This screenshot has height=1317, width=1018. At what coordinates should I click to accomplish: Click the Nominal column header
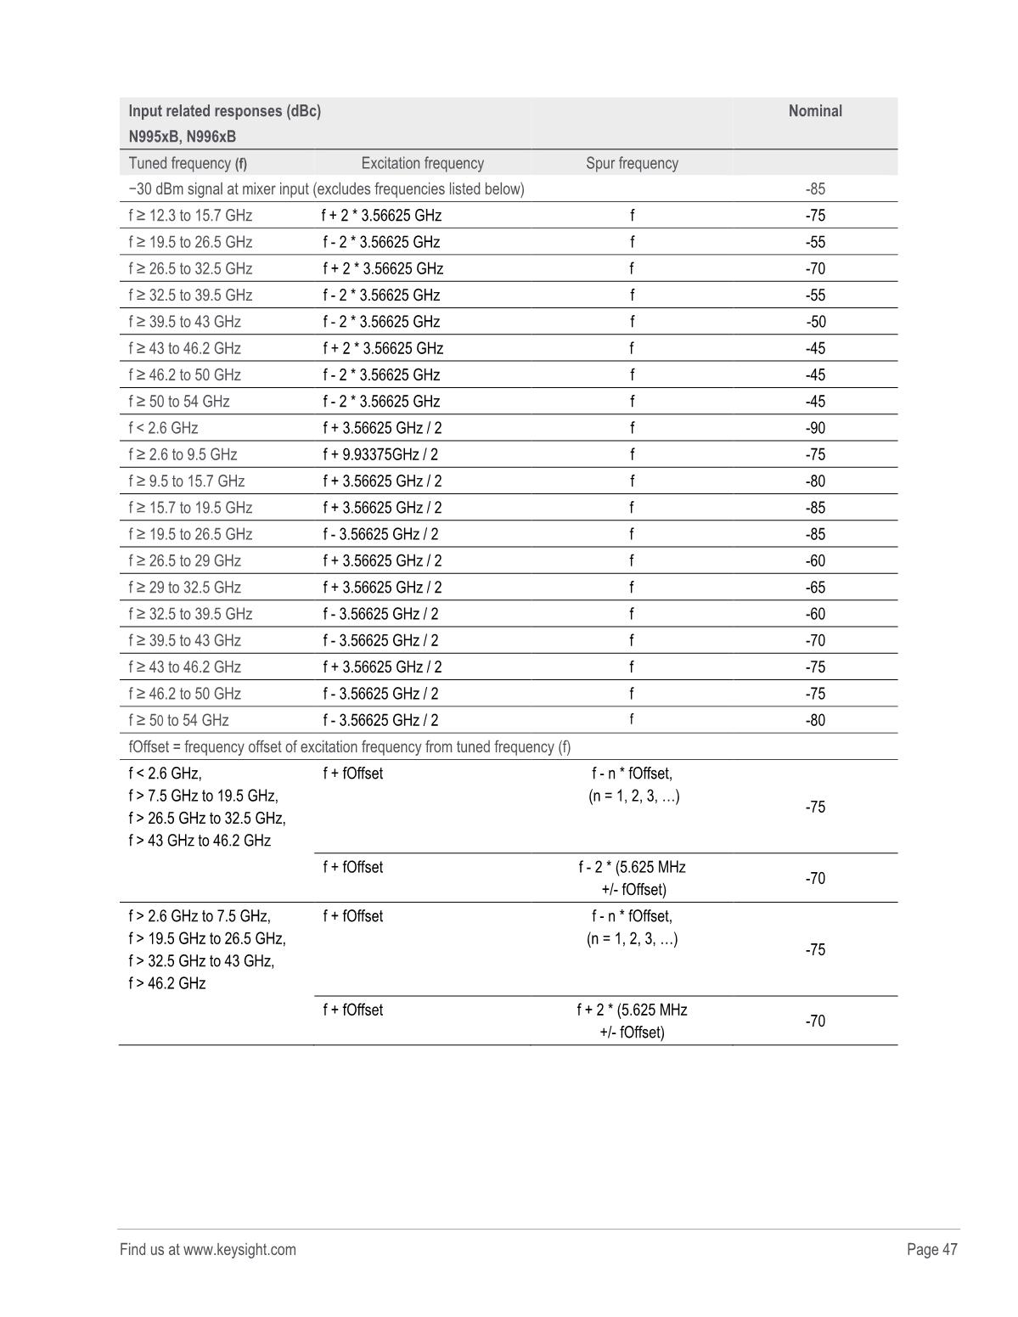[814, 111]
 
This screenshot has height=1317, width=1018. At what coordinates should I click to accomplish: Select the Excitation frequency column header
[422, 163]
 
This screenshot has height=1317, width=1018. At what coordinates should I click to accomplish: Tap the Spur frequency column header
[632, 163]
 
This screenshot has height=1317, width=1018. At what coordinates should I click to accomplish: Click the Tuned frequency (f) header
[188, 163]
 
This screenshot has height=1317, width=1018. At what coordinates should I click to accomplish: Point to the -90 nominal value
[814, 428]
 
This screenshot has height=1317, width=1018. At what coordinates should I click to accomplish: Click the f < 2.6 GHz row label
[163, 428]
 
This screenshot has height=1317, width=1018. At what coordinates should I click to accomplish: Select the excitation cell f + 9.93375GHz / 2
[380, 454]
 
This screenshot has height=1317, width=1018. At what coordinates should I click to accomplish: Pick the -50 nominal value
[814, 322]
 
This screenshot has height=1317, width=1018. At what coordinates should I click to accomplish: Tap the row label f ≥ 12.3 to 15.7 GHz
[190, 216]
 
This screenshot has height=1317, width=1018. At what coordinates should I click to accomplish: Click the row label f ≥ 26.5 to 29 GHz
[184, 560]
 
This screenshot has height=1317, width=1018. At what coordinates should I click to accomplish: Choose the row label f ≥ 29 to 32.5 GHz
[184, 588]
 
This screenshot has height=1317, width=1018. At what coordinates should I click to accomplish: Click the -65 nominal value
[814, 588]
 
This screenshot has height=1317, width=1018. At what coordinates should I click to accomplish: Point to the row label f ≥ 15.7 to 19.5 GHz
[190, 508]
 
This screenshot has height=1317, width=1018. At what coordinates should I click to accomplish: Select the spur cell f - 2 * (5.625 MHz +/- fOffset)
[632, 878]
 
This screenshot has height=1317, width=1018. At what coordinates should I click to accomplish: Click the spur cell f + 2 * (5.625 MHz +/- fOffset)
[632, 1021]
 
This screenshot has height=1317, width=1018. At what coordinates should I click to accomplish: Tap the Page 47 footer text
[931, 1249]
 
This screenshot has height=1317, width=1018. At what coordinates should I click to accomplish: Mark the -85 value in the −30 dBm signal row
[814, 189]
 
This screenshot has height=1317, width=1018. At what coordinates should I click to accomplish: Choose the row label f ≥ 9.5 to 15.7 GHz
[187, 481]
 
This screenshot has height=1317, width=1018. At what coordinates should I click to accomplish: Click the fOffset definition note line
[349, 747]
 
